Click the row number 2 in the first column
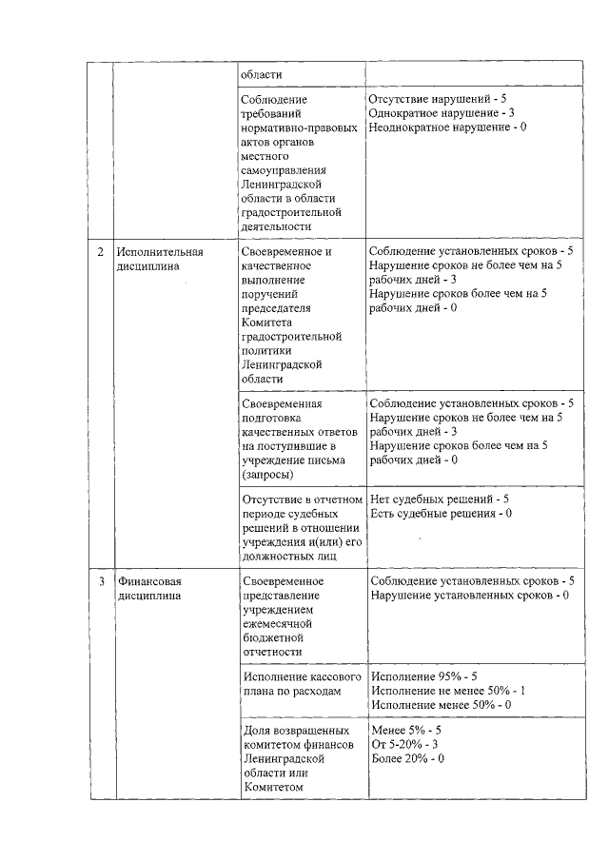point(102,252)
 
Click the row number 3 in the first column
point(102,581)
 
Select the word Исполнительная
point(161,252)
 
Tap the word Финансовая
point(149,581)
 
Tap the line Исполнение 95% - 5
point(423,676)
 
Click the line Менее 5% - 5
point(406,731)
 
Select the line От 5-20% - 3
point(404,745)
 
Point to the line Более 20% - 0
point(408,759)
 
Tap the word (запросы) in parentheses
point(268,473)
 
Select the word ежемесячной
point(277,623)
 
